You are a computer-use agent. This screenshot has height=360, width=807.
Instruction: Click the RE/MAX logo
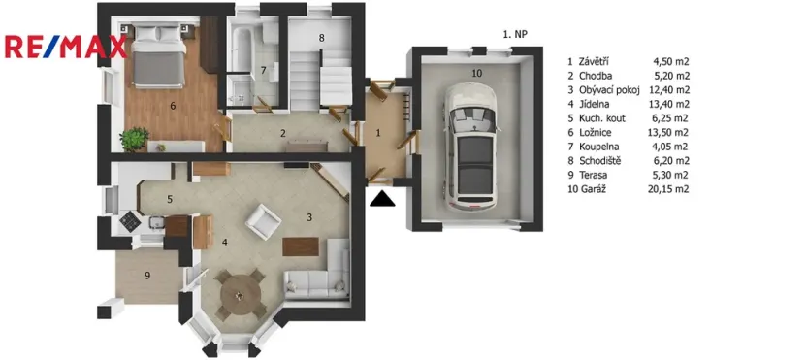(65, 47)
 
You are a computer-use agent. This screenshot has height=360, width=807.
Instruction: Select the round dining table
(240, 292)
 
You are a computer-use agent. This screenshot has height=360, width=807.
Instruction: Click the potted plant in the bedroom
(132, 139)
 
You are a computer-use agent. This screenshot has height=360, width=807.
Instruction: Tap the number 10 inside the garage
(475, 73)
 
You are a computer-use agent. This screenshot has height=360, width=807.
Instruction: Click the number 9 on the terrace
(147, 276)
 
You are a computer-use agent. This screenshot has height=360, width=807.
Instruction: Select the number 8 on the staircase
(321, 38)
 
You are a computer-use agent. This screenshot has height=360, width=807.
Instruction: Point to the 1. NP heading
(514, 33)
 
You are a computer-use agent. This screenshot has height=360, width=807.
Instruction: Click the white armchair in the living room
(263, 223)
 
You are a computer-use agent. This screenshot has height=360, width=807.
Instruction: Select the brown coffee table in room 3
(301, 245)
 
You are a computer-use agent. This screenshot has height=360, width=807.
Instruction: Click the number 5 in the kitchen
(170, 200)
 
